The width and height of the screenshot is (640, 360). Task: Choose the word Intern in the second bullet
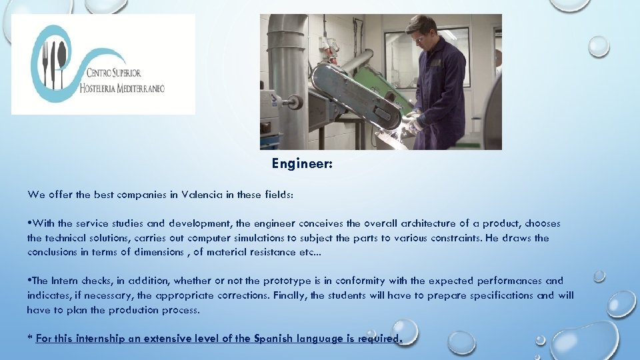pyautogui.click(x=65, y=281)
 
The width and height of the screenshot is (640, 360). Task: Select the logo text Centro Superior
pyautogui.click(x=113, y=72)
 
